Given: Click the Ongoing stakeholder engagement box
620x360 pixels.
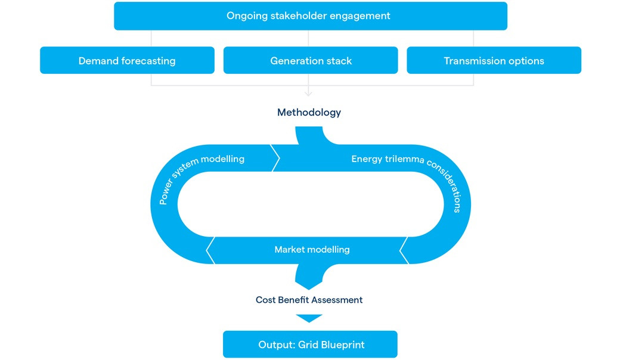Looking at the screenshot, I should pos(310,16).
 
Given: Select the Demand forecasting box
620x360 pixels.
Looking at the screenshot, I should pos(127,61).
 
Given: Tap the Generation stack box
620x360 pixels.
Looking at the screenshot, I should pos(311,61).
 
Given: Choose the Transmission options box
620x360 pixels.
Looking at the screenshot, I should pos(494,61).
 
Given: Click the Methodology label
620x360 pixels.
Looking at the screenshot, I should pos(309,112).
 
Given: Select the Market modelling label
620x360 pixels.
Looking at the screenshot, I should pos(312,250).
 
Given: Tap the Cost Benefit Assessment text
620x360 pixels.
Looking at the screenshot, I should pos(309,300).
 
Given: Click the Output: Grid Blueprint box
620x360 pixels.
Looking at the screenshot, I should pos(310,345).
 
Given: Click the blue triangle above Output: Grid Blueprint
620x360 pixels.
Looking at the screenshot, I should pos(309,318).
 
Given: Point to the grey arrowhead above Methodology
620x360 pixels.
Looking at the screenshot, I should pos(308,93).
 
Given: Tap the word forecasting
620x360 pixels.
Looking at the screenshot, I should pos(148,61).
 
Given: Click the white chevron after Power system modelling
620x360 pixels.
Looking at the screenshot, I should pos(275,158).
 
